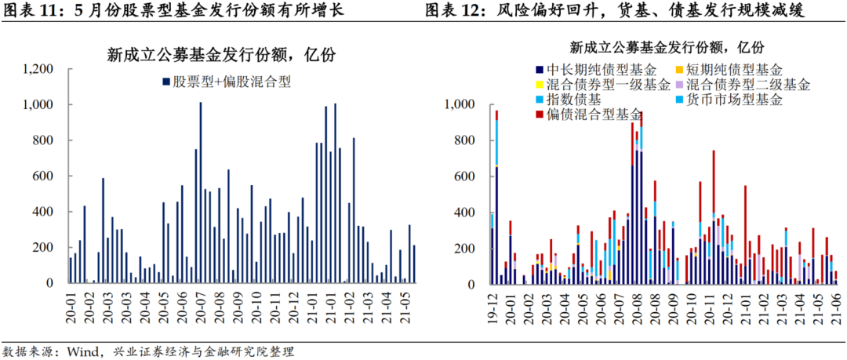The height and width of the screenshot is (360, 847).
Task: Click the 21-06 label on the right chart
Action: [835, 304]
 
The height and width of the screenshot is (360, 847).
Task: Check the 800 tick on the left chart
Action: [42, 140]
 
